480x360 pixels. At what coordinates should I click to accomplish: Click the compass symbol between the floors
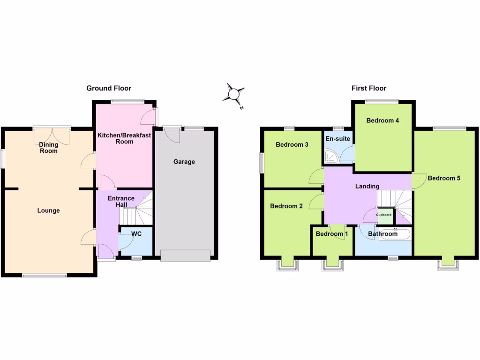coord(234,94)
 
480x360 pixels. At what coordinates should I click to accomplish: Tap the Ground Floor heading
coord(109,88)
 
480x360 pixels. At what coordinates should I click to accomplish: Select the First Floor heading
coord(369,88)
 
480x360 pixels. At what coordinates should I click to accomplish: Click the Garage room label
coord(184,162)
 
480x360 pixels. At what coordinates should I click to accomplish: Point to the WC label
coord(136,233)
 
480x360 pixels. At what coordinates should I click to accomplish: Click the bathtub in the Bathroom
coord(394,234)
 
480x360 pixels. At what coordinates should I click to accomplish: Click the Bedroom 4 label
coord(382,120)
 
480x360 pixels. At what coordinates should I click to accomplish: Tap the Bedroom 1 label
coord(332,234)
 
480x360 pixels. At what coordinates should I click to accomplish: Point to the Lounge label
coord(49,210)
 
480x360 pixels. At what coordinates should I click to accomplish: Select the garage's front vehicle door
coord(185,256)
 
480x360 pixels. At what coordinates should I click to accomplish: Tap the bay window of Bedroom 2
coord(287,265)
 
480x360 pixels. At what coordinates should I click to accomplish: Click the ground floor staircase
coord(133,213)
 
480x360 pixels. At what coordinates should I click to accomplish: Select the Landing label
coord(367,186)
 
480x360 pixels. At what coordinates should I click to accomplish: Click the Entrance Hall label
coord(121,202)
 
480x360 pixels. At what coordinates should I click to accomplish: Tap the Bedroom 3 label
coord(292,144)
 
